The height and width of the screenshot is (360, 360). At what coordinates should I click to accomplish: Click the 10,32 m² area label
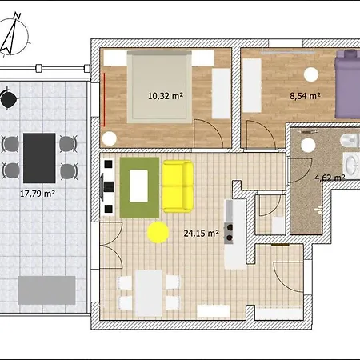(166, 96)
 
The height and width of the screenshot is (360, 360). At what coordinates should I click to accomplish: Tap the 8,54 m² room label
(305, 96)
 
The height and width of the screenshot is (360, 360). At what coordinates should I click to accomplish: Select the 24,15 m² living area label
(202, 234)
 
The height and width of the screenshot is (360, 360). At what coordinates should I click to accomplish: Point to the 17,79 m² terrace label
(38, 194)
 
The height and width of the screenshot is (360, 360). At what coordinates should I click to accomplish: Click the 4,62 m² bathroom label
(330, 178)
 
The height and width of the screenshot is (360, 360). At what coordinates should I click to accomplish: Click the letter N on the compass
(18, 16)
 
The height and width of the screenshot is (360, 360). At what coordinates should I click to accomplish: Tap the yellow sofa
(178, 186)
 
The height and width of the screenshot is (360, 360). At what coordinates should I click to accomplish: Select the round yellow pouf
(158, 232)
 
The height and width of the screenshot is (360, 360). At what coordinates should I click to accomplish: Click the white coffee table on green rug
(138, 186)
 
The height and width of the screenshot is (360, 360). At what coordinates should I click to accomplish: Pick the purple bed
(347, 84)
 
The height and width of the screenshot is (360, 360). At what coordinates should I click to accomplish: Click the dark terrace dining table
(39, 158)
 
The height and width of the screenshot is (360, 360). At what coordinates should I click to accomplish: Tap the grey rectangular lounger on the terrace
(46, 290)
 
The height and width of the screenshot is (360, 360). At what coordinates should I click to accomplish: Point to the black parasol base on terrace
(9, 99)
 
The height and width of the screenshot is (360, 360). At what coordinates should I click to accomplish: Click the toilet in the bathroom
(350, 140)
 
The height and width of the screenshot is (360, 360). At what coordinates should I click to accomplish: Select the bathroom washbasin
(351, 166)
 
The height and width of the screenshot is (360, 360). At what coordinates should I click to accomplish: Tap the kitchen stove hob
(229, 233)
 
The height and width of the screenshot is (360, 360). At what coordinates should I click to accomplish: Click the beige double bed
(159, 87)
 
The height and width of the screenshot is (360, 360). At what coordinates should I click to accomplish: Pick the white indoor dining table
(149, 293)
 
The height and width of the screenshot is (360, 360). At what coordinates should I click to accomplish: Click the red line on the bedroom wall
(104, 99)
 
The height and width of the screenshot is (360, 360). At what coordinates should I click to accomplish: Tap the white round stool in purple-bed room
(311, 74)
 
